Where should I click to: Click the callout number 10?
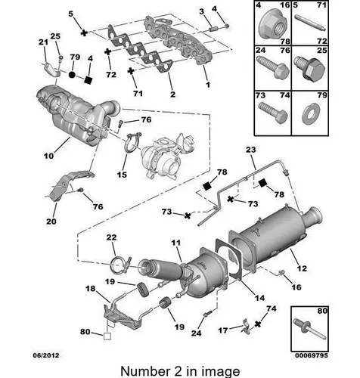tap(48, 156)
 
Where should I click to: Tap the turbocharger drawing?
tap(168, 156)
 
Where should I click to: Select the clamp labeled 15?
tap(132, 143)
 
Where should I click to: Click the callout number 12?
tap(302, 268)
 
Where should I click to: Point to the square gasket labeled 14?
tap(228, 259)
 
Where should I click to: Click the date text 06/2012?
tap(46, 355)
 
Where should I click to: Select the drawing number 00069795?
tap(312, 355)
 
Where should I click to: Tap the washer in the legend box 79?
tap(311, 114)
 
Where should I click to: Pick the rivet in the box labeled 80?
tap(309, 329)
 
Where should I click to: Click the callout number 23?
tap(250, 150)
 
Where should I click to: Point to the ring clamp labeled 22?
tap(120, 265)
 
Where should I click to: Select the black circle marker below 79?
tap(72, 75)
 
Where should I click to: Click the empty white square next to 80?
tap(107, 336)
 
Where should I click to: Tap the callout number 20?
tap(51, 222)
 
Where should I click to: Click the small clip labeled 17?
tap(245, 327)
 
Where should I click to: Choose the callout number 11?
tap(176, 243)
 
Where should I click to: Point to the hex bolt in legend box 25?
tap(310, 68)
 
